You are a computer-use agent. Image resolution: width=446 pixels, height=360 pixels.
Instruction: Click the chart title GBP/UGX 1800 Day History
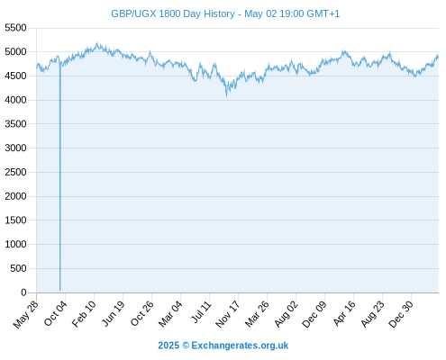pyautogui.click(x=173, y=13)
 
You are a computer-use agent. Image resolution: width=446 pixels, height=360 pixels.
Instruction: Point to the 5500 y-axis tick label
pyautogui.click(x=15, y=28)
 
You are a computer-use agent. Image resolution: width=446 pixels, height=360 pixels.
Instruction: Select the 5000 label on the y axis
pyautogui.click(x=15, y=52)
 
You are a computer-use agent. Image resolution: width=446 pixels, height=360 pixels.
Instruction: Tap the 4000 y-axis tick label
pyautogui.click(x=15, y=100)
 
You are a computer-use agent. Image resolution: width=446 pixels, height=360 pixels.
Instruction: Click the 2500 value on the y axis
pyautogui.click(x=15, y=172)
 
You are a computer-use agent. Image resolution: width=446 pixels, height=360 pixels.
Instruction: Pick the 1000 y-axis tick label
pyautogui.click(x=15, y=244)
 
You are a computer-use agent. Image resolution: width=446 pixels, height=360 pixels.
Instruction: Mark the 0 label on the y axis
pyautogui.click(x=23, y=292)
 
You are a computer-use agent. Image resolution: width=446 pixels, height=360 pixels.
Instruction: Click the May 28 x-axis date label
pyautogui.click(x=26, y=314)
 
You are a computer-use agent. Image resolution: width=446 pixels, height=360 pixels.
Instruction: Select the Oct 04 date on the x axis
pyautogui.click(x=56, y=314)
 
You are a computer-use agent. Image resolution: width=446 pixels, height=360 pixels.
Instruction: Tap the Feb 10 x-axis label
pyautogui.click(x=84, y=314)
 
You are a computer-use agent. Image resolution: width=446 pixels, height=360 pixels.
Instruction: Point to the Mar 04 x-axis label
pyautogui.click(x=170, y=314)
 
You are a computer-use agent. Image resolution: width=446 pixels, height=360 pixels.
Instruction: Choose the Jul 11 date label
pyautogui.click(x=201, y=312)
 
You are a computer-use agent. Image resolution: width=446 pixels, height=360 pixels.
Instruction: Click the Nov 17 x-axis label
pyautogui.click(x=228, y=314)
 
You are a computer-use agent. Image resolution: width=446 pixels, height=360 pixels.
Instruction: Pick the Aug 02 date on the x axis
pyautogui.click(x=286, y=314)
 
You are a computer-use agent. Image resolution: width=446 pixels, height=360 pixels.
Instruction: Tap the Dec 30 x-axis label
pyautogui.click(x=401, y=314)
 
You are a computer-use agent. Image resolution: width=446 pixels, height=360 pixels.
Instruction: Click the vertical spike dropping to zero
pyautogui.click(x=60, y=177)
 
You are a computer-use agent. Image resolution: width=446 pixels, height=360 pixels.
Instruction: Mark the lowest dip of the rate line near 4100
pyautogui.click(x=227, y=96)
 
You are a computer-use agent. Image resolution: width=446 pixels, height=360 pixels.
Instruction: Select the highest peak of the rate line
pyautogui.click(x=96, y=44)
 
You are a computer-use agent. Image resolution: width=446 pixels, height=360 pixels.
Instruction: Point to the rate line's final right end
pyautogui.click(x=438, y=57)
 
